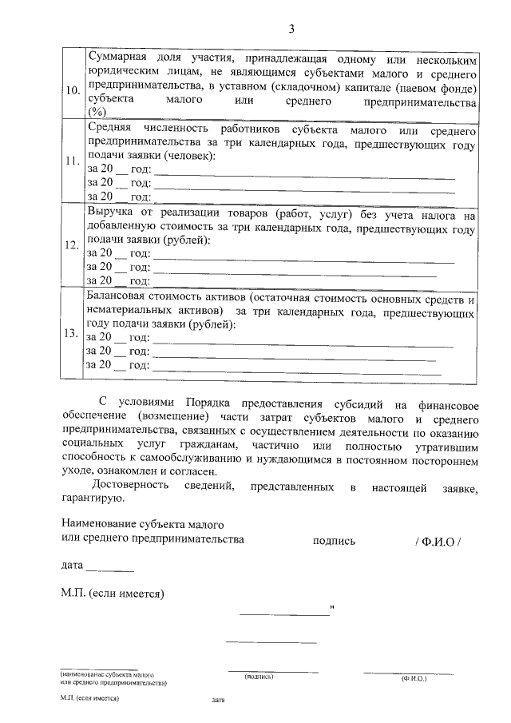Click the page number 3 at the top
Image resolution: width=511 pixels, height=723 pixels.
coord(291,30)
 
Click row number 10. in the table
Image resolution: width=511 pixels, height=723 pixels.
coord(73,89)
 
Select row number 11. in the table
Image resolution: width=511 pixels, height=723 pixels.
coord(73,161)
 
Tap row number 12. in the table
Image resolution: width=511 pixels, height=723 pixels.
coord(73,245)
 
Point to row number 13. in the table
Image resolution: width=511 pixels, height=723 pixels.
coord(73,332)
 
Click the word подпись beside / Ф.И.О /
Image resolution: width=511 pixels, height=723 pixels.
coord(334,540)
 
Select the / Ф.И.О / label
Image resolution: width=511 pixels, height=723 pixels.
coord(438,540)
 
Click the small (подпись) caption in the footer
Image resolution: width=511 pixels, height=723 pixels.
coord(259,677)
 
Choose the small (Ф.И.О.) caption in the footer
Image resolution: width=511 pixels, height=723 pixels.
coord(414,677)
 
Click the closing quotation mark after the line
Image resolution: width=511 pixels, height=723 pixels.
coord(331,612)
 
